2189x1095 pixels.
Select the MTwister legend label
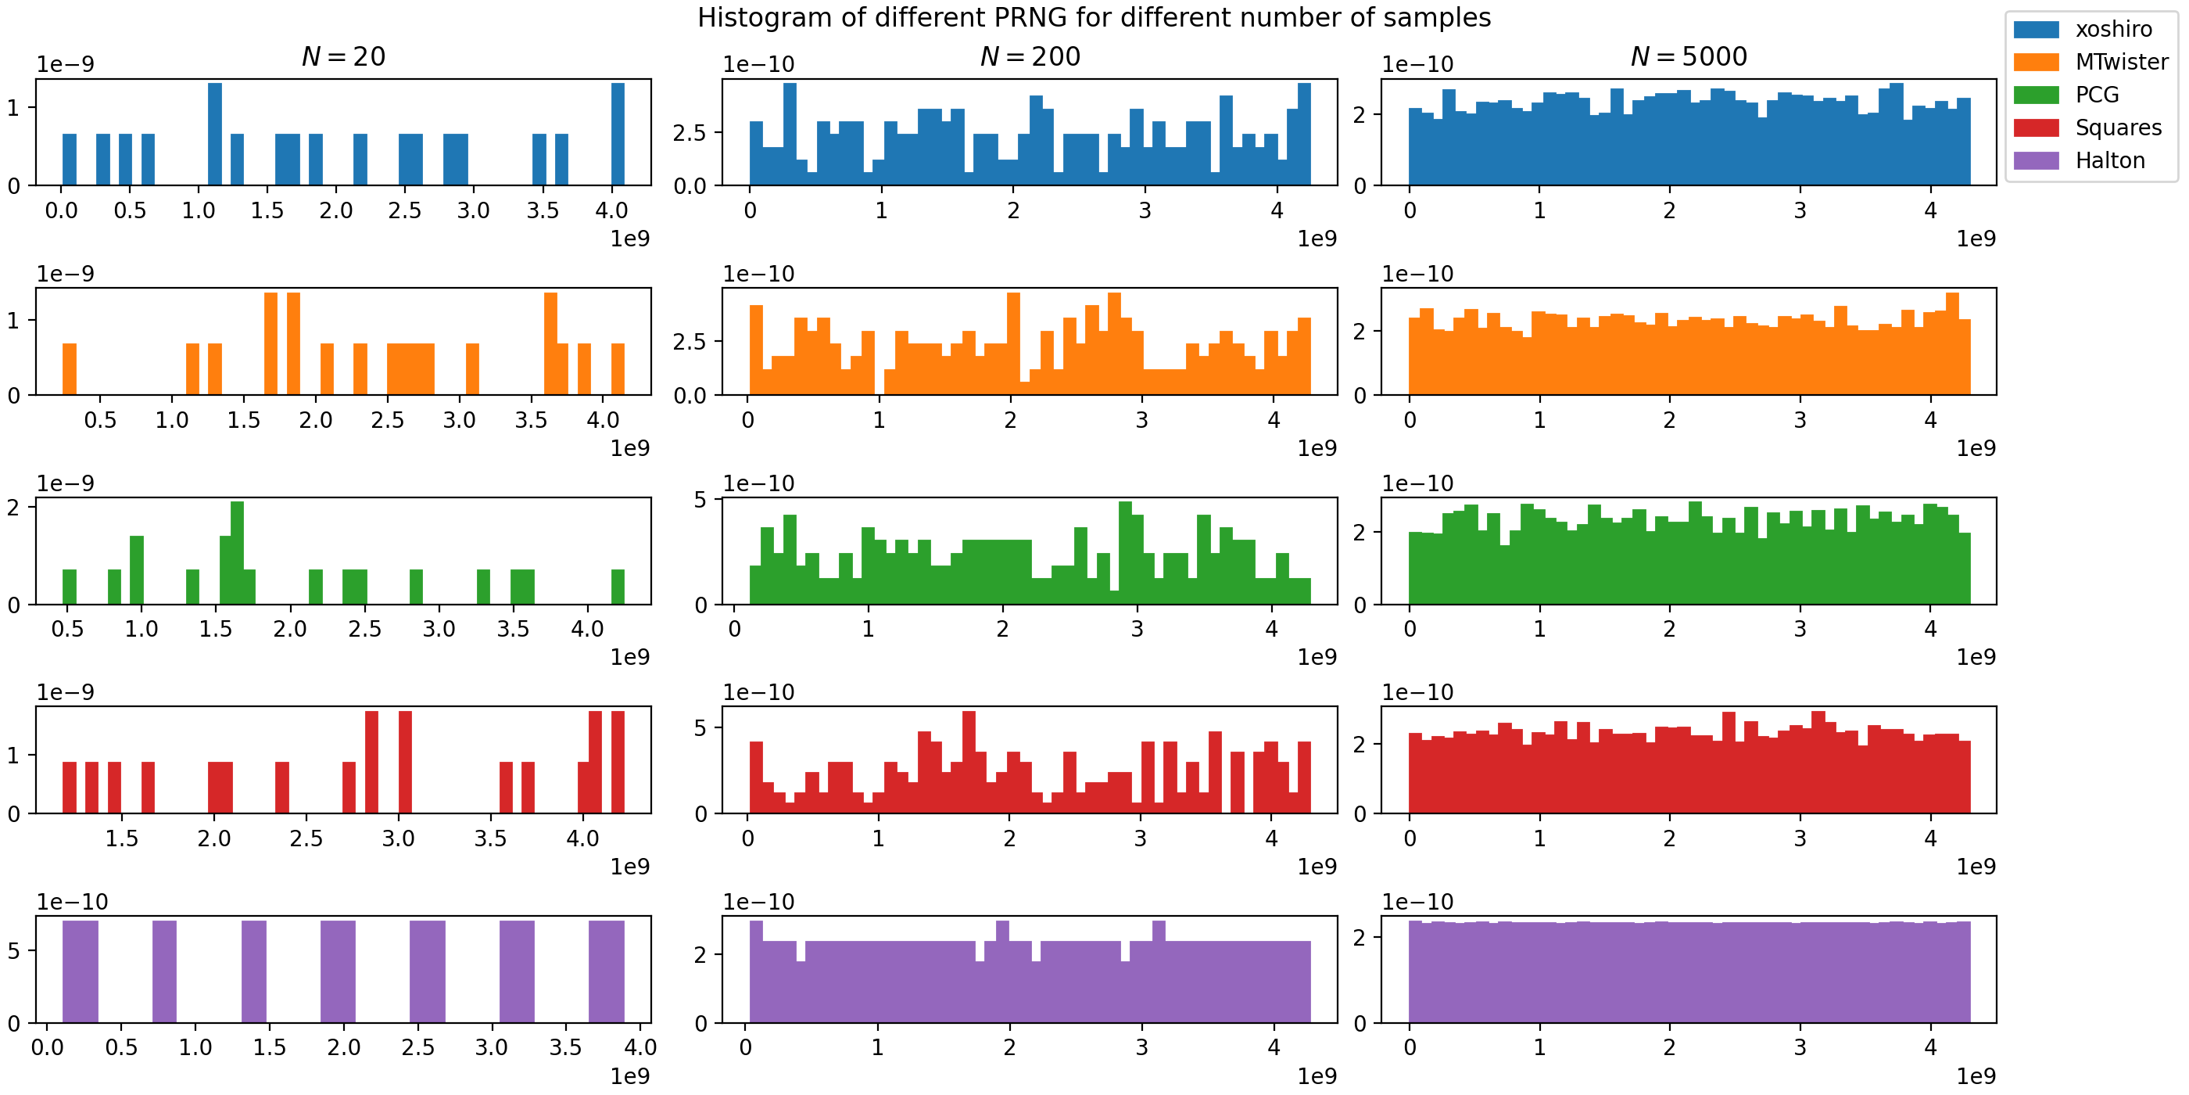tap(2121, 62)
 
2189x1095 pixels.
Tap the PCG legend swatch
tap(2036, 95)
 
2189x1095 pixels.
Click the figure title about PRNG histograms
tap(1094, 17)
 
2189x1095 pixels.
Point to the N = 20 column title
tap(343, 57)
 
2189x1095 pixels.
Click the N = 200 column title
tap(1030, 57)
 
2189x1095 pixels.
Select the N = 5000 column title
tap(1689, 57)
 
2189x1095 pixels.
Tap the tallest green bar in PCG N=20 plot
tap(237, 553)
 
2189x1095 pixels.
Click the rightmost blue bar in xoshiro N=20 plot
tap(618, 134)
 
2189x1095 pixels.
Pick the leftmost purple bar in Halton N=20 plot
tap(80, 971)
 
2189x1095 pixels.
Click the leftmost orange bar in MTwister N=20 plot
tap(70, 369)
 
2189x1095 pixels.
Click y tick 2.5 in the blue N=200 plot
tap(690, 133)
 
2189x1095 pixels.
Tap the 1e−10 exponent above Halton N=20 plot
tap(72, 902)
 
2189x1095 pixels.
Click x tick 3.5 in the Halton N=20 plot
tap(565, 1047)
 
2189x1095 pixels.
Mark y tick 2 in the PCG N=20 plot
tap(13, 508)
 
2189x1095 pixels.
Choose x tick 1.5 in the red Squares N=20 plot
tap(121, 838)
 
